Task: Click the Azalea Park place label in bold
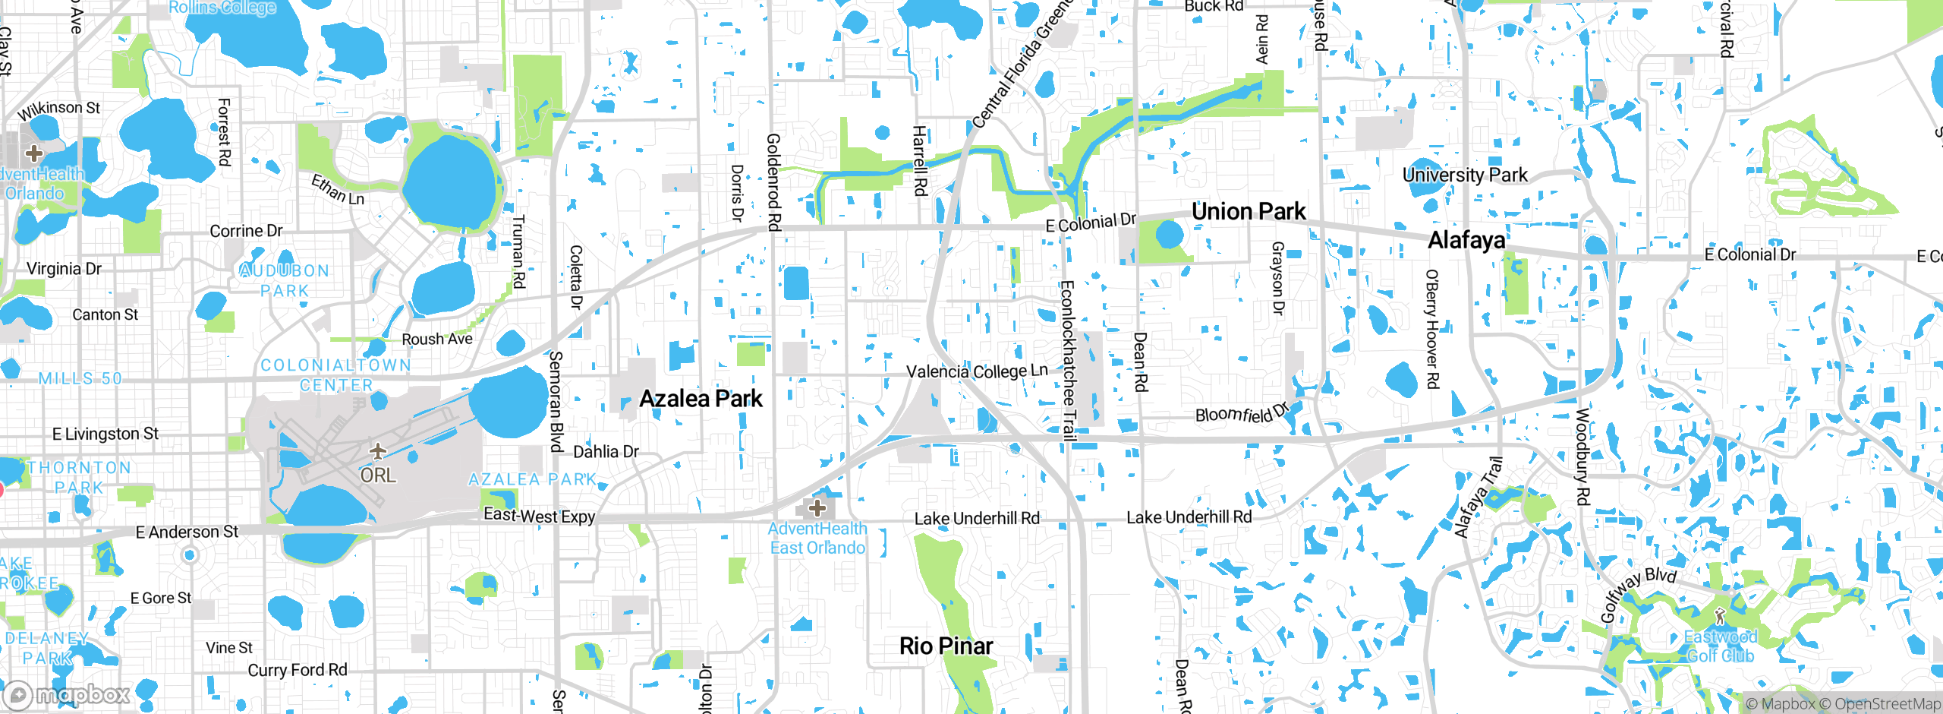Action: pos(701,399)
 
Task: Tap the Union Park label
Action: pos(1249,211)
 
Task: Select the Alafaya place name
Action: pos(1466,240)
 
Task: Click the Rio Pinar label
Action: pos(946,646)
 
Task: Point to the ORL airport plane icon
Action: pos(377,452)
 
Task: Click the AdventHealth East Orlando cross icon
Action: pos(817,508)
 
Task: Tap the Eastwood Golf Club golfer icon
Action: pos(1720,616)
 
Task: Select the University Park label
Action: pos(1465,175)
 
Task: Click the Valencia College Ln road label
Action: pos(977,371)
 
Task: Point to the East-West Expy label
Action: pos(539,516)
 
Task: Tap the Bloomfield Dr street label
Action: pos(1242,413)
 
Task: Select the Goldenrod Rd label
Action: pos(773,182)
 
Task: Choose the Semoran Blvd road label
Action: pos(556,401)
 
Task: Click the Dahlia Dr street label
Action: pos(606,452)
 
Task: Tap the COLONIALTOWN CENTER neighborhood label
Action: pos(336,375)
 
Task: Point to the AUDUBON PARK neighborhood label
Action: pos(285,280)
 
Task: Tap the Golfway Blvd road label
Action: pos(1638,595)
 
